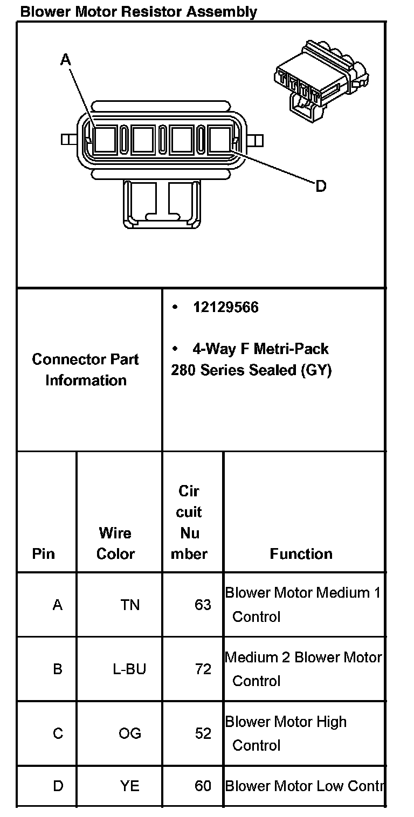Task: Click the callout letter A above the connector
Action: (66, 60)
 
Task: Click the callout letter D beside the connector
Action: (321, 186)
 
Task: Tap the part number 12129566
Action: (226, 307)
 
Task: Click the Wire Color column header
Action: (115, 543)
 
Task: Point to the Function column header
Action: (301, 554)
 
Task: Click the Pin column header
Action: (44, 554)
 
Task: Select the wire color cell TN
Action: (130, 605)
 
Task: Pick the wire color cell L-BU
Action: (129, 669)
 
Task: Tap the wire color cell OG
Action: (130, 733)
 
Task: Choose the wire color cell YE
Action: (130, 786)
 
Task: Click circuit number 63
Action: (203, 605)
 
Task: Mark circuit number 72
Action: (203, 669)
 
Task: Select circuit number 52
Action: (203, 733)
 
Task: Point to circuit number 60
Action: (203, 786)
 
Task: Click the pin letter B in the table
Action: (58, 669)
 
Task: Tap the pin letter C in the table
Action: (58, 733)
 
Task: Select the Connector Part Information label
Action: (86, 370)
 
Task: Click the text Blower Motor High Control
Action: (286, 733)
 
